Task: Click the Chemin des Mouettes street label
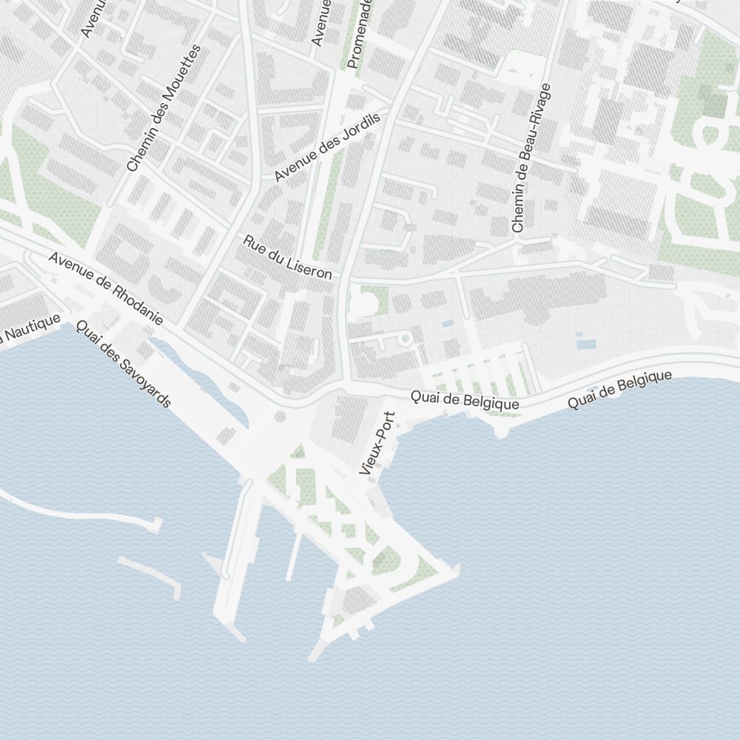(164, 108)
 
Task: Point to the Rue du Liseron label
(288, 257)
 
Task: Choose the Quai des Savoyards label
(124, 365)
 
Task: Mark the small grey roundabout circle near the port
(280, 417)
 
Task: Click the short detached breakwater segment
(149, 575)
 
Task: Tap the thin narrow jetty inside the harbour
(294, 555)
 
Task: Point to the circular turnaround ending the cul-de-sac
(405, 338)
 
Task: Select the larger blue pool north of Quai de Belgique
(585, 343)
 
